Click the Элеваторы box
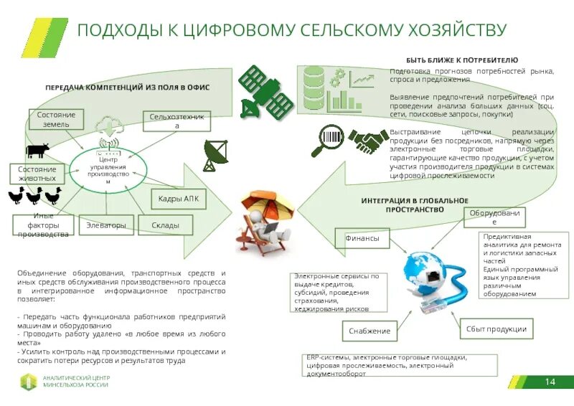[105, 225]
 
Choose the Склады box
[165, 225]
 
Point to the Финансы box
[362, 238]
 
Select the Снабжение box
[370, 331]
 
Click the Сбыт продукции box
[496, 329]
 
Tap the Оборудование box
[494, 217]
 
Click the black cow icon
[37, 151]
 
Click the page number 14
[550, 381]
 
